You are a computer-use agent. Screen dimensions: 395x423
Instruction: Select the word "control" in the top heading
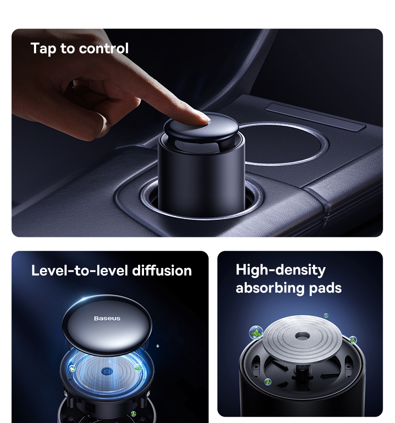tap(104, 48)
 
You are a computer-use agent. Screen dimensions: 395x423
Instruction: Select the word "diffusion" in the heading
tap(162, 270)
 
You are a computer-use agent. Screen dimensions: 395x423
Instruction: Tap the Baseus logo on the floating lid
tap(107, 319)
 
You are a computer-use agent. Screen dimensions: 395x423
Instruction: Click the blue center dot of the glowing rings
tap(107, 372)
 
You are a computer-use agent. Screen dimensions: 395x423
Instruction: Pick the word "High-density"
tap(281, 270)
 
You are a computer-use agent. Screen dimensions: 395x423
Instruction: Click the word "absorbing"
tap(271, 288)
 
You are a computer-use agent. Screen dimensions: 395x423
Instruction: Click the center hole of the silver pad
tap(302, 336)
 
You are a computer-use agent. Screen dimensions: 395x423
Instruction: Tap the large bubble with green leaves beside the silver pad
tap(256, 333)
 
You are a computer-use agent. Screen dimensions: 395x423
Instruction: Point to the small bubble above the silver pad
tap(326, 316)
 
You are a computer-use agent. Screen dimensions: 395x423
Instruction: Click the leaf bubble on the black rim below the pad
tap(268, 382)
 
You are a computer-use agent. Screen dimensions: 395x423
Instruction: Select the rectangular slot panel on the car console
tap(316, 116)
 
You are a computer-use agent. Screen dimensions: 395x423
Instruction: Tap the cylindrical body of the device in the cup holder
tap(201, 175)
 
